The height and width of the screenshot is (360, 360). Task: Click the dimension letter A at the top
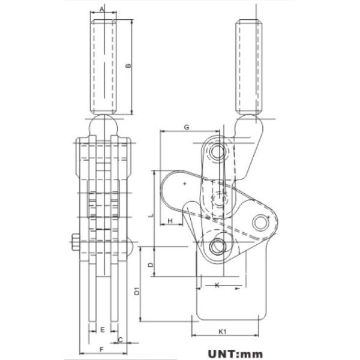click(x=102, y=9)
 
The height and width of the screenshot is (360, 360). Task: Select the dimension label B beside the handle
click(x=128, y=65)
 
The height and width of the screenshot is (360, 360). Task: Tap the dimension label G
click(x=187, y=127)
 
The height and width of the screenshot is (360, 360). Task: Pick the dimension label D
click(x=151, y=263)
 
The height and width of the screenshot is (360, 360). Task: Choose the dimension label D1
click(x=137, y=291)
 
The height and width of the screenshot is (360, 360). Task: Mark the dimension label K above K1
click(x=217, y=286)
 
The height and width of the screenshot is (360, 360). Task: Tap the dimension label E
click(x=103, y=330)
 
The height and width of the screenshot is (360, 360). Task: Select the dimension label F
click(x=101, y=349)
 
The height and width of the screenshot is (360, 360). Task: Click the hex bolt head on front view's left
click(x=74, y=242)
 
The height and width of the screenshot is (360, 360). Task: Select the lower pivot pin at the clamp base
click(x=218, y=246)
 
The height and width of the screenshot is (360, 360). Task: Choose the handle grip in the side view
click(x=250, y=66)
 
